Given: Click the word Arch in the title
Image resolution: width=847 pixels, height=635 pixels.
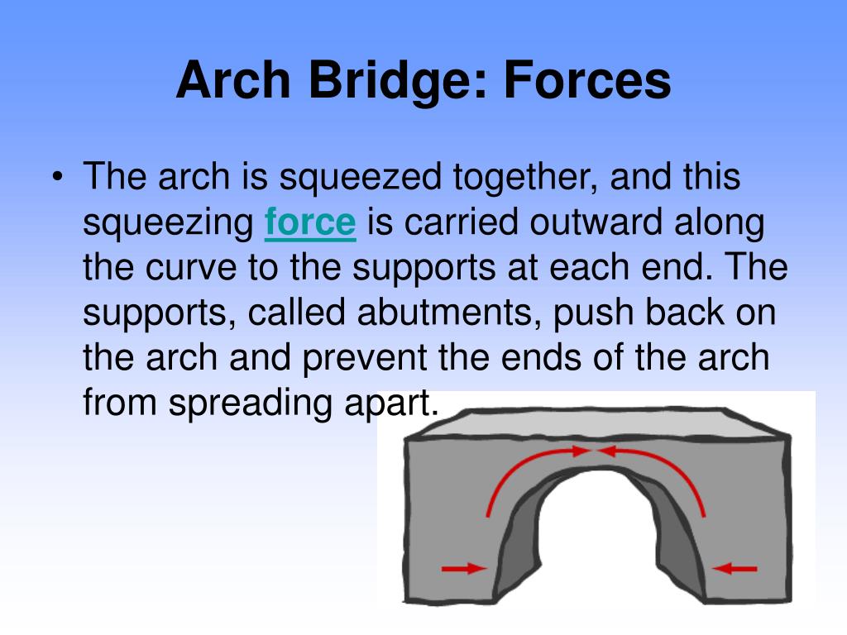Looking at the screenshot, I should tap(230, 81).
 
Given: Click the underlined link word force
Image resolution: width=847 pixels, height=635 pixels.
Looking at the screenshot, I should tap(310, 223).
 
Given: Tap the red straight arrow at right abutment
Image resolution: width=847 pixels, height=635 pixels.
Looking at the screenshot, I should tap(735, 568).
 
